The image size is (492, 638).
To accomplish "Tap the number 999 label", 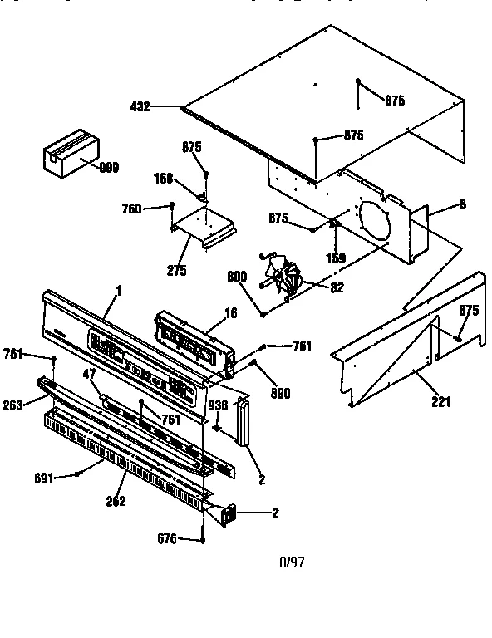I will click(109, 167).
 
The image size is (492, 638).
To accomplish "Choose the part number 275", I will click(176, 270).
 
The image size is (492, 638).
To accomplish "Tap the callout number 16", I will click(230, 312).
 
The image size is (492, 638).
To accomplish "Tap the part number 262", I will click(116, 501).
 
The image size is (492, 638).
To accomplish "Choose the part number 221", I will click(440, 403).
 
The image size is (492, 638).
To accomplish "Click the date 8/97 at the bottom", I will click(291, 562).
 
